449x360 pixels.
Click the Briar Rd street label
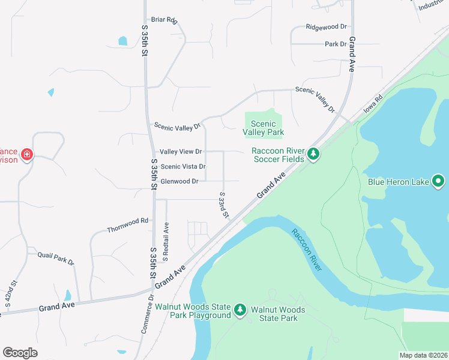[x=164, y=20]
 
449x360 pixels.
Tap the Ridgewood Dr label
[x=327, y=27]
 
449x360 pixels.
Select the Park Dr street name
[x=336, y=44]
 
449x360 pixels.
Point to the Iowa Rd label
[x=373, y=105]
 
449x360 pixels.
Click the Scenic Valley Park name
[x=263, y=128]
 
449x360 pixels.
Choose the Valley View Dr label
[x=181, y=152]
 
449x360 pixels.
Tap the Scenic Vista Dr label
[x=183, y=167]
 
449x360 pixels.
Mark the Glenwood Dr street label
[x=179, y=181]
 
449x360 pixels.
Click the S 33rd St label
[x=224, y=205]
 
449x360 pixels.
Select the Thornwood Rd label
[x=127, y=225]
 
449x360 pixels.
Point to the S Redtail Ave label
[x=167, y=237]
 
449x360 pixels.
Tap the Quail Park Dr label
[x=55, y=258]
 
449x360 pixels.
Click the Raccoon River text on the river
[x=306, y=250]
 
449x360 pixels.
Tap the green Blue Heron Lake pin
[x=438, y=181]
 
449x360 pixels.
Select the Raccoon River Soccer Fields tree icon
[x=313, y=155]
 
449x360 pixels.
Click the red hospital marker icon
[x=26, y=155]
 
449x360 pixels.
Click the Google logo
[x=20, y=352]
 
